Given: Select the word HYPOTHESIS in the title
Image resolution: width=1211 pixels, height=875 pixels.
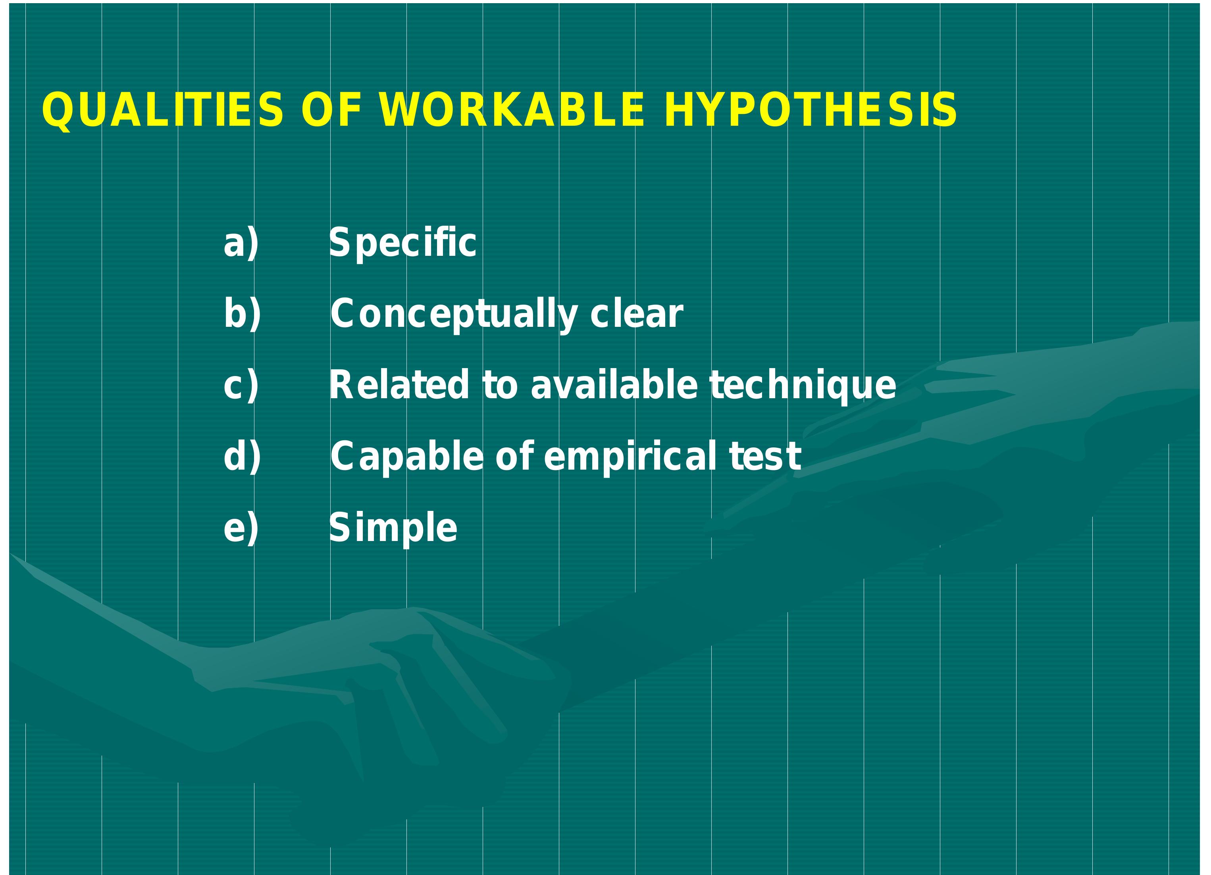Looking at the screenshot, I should tap(810, 110).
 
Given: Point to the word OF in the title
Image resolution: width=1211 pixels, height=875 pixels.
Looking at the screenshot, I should tap(331, 110).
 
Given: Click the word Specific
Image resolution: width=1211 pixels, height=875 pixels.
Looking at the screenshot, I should tap(402, 243).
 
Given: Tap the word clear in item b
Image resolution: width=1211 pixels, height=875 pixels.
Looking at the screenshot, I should tap(637, 314).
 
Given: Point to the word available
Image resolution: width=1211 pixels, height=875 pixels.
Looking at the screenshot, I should tap(614, 385).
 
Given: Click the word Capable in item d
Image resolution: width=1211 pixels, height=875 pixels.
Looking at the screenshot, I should tap(407, 457).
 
